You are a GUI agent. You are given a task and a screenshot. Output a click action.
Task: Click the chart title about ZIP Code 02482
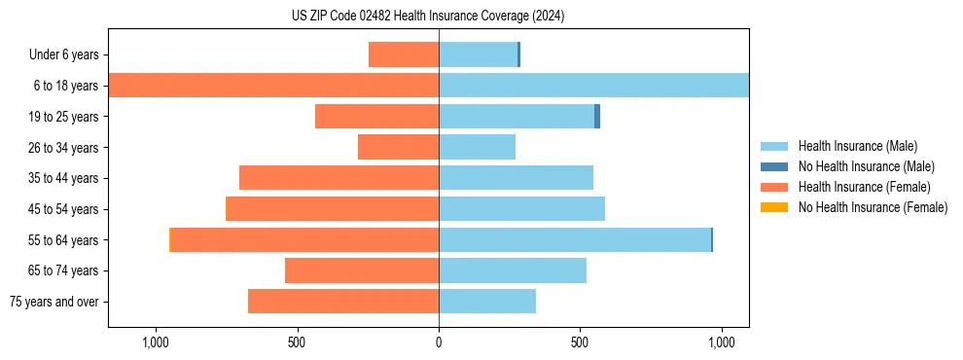point(428,17)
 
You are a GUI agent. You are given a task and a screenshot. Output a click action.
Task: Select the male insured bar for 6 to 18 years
point(593,86)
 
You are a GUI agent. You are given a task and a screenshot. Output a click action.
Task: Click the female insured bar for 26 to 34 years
point(398,147)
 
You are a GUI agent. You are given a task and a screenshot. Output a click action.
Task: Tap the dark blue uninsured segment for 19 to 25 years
point(597,117)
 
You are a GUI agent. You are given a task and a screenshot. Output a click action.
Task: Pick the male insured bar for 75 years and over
point(486,302)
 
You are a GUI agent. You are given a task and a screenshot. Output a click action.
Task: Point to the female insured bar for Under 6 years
point(404,54)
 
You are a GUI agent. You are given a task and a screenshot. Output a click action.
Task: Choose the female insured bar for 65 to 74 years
point(362,270)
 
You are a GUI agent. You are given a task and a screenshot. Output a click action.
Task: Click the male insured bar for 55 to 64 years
point(574,239)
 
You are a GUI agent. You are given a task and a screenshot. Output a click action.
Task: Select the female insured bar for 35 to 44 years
point(339,178)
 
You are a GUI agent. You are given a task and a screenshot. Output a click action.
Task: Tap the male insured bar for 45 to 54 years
point(521,209)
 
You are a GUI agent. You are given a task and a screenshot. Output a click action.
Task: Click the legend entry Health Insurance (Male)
point(856,146)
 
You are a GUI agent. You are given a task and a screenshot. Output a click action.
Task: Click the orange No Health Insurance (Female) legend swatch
point(774,207)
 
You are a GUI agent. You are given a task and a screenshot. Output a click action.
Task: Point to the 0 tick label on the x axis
point(439,342)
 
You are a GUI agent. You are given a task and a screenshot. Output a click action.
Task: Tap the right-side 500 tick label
point(580,342)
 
